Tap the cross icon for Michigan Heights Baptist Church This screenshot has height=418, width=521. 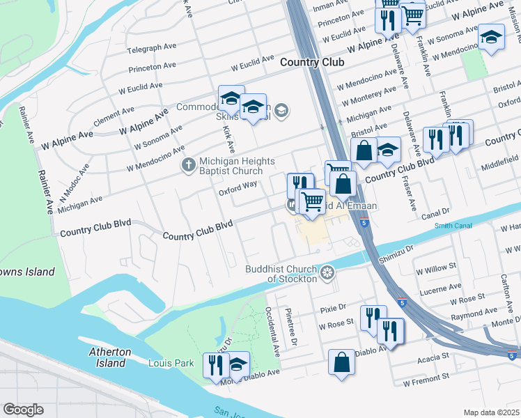(x=188, y=165)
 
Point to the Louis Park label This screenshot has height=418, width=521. (x=171, y=363)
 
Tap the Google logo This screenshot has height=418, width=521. (x=23, y=410)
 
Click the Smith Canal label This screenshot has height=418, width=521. (x=452, y=226)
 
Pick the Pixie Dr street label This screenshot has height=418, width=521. (x=333, y=307)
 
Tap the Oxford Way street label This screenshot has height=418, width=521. (x=238, y=185)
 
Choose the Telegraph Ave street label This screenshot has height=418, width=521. (x=152, y=48)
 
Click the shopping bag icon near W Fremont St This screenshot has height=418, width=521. (x=341, y=363)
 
